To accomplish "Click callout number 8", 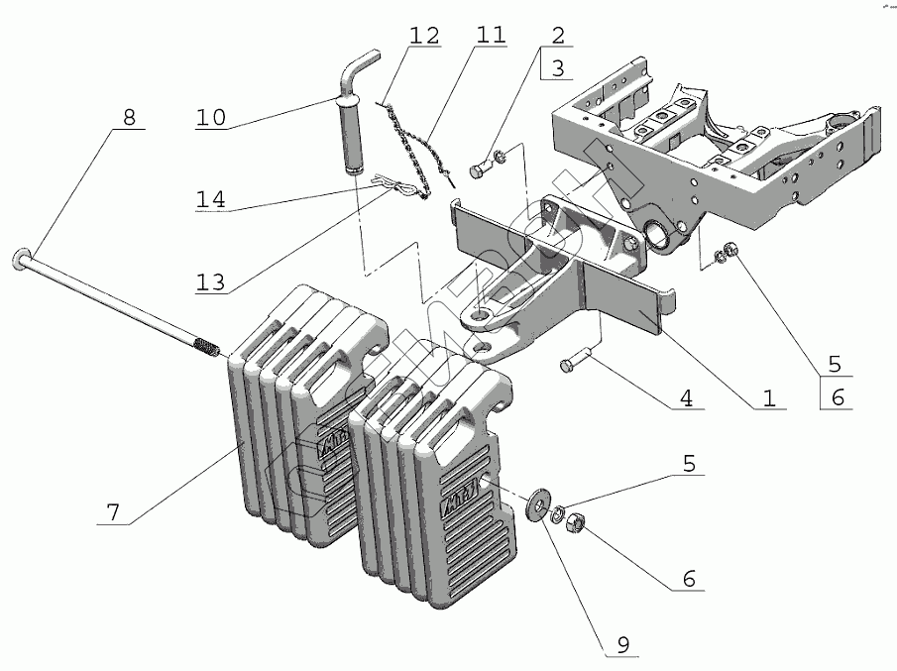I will point(129,116).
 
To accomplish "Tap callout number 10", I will point(210,117).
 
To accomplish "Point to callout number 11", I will point(490,37).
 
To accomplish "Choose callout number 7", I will point(114,513).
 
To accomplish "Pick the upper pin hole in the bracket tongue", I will point(480,313).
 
